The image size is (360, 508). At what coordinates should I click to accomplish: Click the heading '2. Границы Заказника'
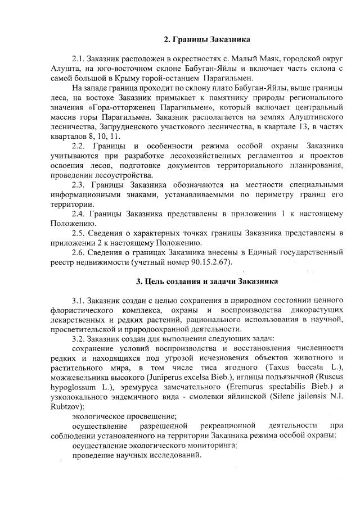pyautogui.click(x=207, y=40)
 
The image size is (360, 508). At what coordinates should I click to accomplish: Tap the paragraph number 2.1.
pyautogui.click(x=79, y=59)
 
